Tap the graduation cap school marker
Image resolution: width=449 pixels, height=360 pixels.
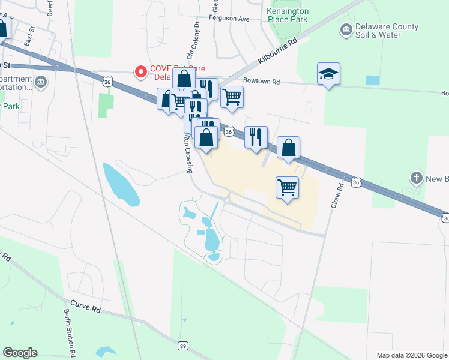(x=328, y=74)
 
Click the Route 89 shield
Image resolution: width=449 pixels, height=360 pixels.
(x=183, y=346)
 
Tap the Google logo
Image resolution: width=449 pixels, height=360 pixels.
(x=20, y=353)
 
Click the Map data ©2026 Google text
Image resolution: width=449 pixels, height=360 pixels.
(x=411, y=355)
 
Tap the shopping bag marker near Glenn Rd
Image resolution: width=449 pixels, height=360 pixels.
(x=288, y=148)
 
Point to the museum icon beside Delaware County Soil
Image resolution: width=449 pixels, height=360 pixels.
(x=346, y=29)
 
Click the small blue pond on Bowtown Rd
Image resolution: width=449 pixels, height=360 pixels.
(x=372, y=80)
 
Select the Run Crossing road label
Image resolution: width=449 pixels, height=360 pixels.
(x=188, y=153)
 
